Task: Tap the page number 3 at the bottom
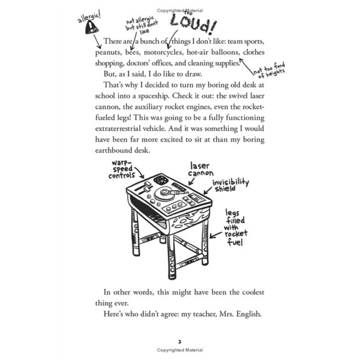click(x=179, y=342)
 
